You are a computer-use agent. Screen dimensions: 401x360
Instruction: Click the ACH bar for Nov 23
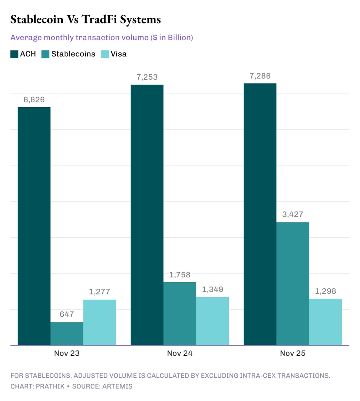(34, 226)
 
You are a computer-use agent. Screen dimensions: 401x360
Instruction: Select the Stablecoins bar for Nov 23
(67, 334)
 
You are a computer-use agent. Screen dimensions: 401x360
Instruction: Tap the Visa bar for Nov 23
(100, 322)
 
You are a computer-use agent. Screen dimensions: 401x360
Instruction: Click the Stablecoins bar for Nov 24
(180, 314)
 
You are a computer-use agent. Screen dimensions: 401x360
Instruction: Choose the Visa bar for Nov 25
(326, 322)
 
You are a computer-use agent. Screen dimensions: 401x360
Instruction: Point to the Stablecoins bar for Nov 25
(293, 284)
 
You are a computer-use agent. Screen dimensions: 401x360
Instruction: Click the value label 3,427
(293, 214)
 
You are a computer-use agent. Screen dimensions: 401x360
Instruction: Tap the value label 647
(67, 314)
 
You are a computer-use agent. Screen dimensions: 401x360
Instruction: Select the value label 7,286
(260, 76)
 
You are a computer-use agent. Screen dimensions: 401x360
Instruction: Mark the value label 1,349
(212, 289)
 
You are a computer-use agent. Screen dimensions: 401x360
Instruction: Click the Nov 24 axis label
(180, 353)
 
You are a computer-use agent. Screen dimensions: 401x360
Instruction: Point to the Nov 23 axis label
(67, 353)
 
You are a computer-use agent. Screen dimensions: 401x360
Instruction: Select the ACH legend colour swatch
(14, 54)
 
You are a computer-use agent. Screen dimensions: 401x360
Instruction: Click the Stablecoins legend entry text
(73, 54)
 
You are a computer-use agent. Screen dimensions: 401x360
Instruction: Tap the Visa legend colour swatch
(105, 54)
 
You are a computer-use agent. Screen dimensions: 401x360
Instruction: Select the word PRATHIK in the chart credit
(49, 386)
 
